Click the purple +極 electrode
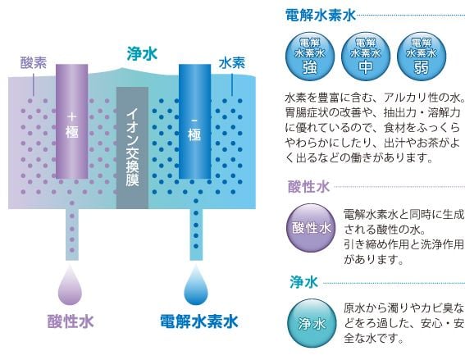pos(72,121)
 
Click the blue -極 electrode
pos(194,121)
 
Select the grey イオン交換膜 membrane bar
pos(132,148)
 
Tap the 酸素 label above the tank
pos(34,63)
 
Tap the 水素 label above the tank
pos(232,63)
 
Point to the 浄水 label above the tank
pos(142,54)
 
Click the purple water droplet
pos(70,285)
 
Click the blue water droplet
pos(196,285)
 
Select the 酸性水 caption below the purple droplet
pos(71,321)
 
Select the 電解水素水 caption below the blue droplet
pos(199,321)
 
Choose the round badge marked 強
pos(310,57)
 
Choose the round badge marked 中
pos(366,57)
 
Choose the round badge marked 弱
pos(422,57)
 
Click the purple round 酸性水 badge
pos(311,228)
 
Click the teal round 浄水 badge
pos(312,323)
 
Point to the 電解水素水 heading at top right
pos(321,15)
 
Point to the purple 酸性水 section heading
pos(308,187)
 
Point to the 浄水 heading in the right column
pos(303,282)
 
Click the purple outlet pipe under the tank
pos(72,235)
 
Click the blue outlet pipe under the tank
pos(196,235)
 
